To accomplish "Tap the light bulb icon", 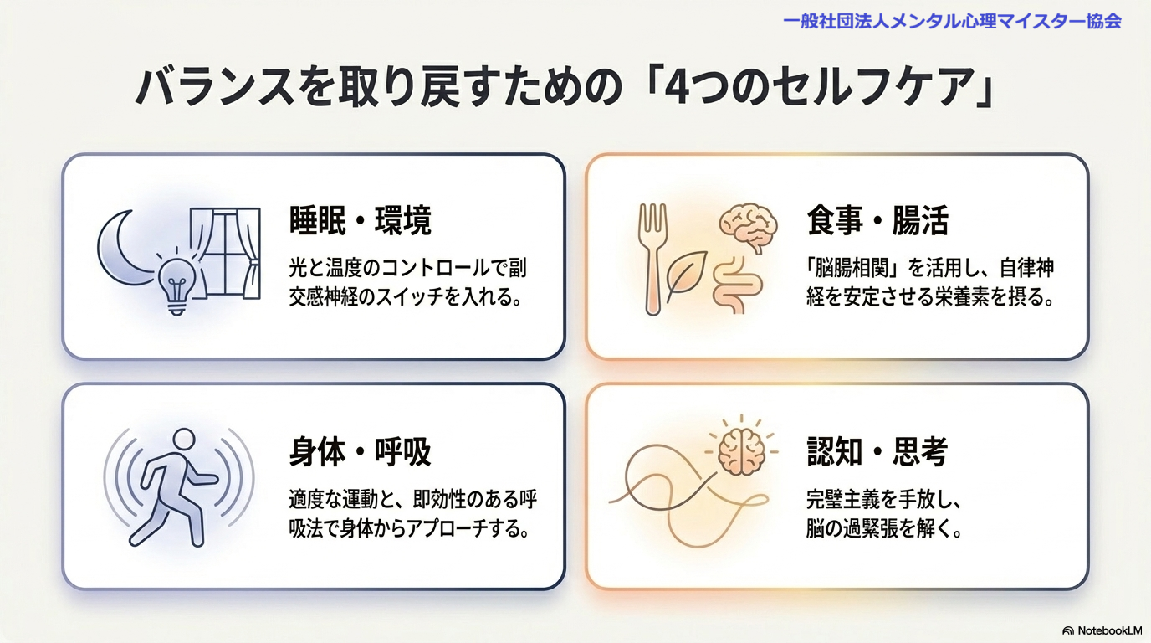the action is point(176,283).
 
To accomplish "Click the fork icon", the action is point(652,257).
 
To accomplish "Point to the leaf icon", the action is point(686,275).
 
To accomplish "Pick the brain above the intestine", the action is point(748,226).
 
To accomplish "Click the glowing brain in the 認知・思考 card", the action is point(741,451).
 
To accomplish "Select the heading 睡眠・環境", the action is point(361,221).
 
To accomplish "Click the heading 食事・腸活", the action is point(877,221).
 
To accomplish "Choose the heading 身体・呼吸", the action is point(361,452).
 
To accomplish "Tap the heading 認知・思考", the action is point(877,452).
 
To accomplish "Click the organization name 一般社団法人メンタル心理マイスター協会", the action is point(952,22).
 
